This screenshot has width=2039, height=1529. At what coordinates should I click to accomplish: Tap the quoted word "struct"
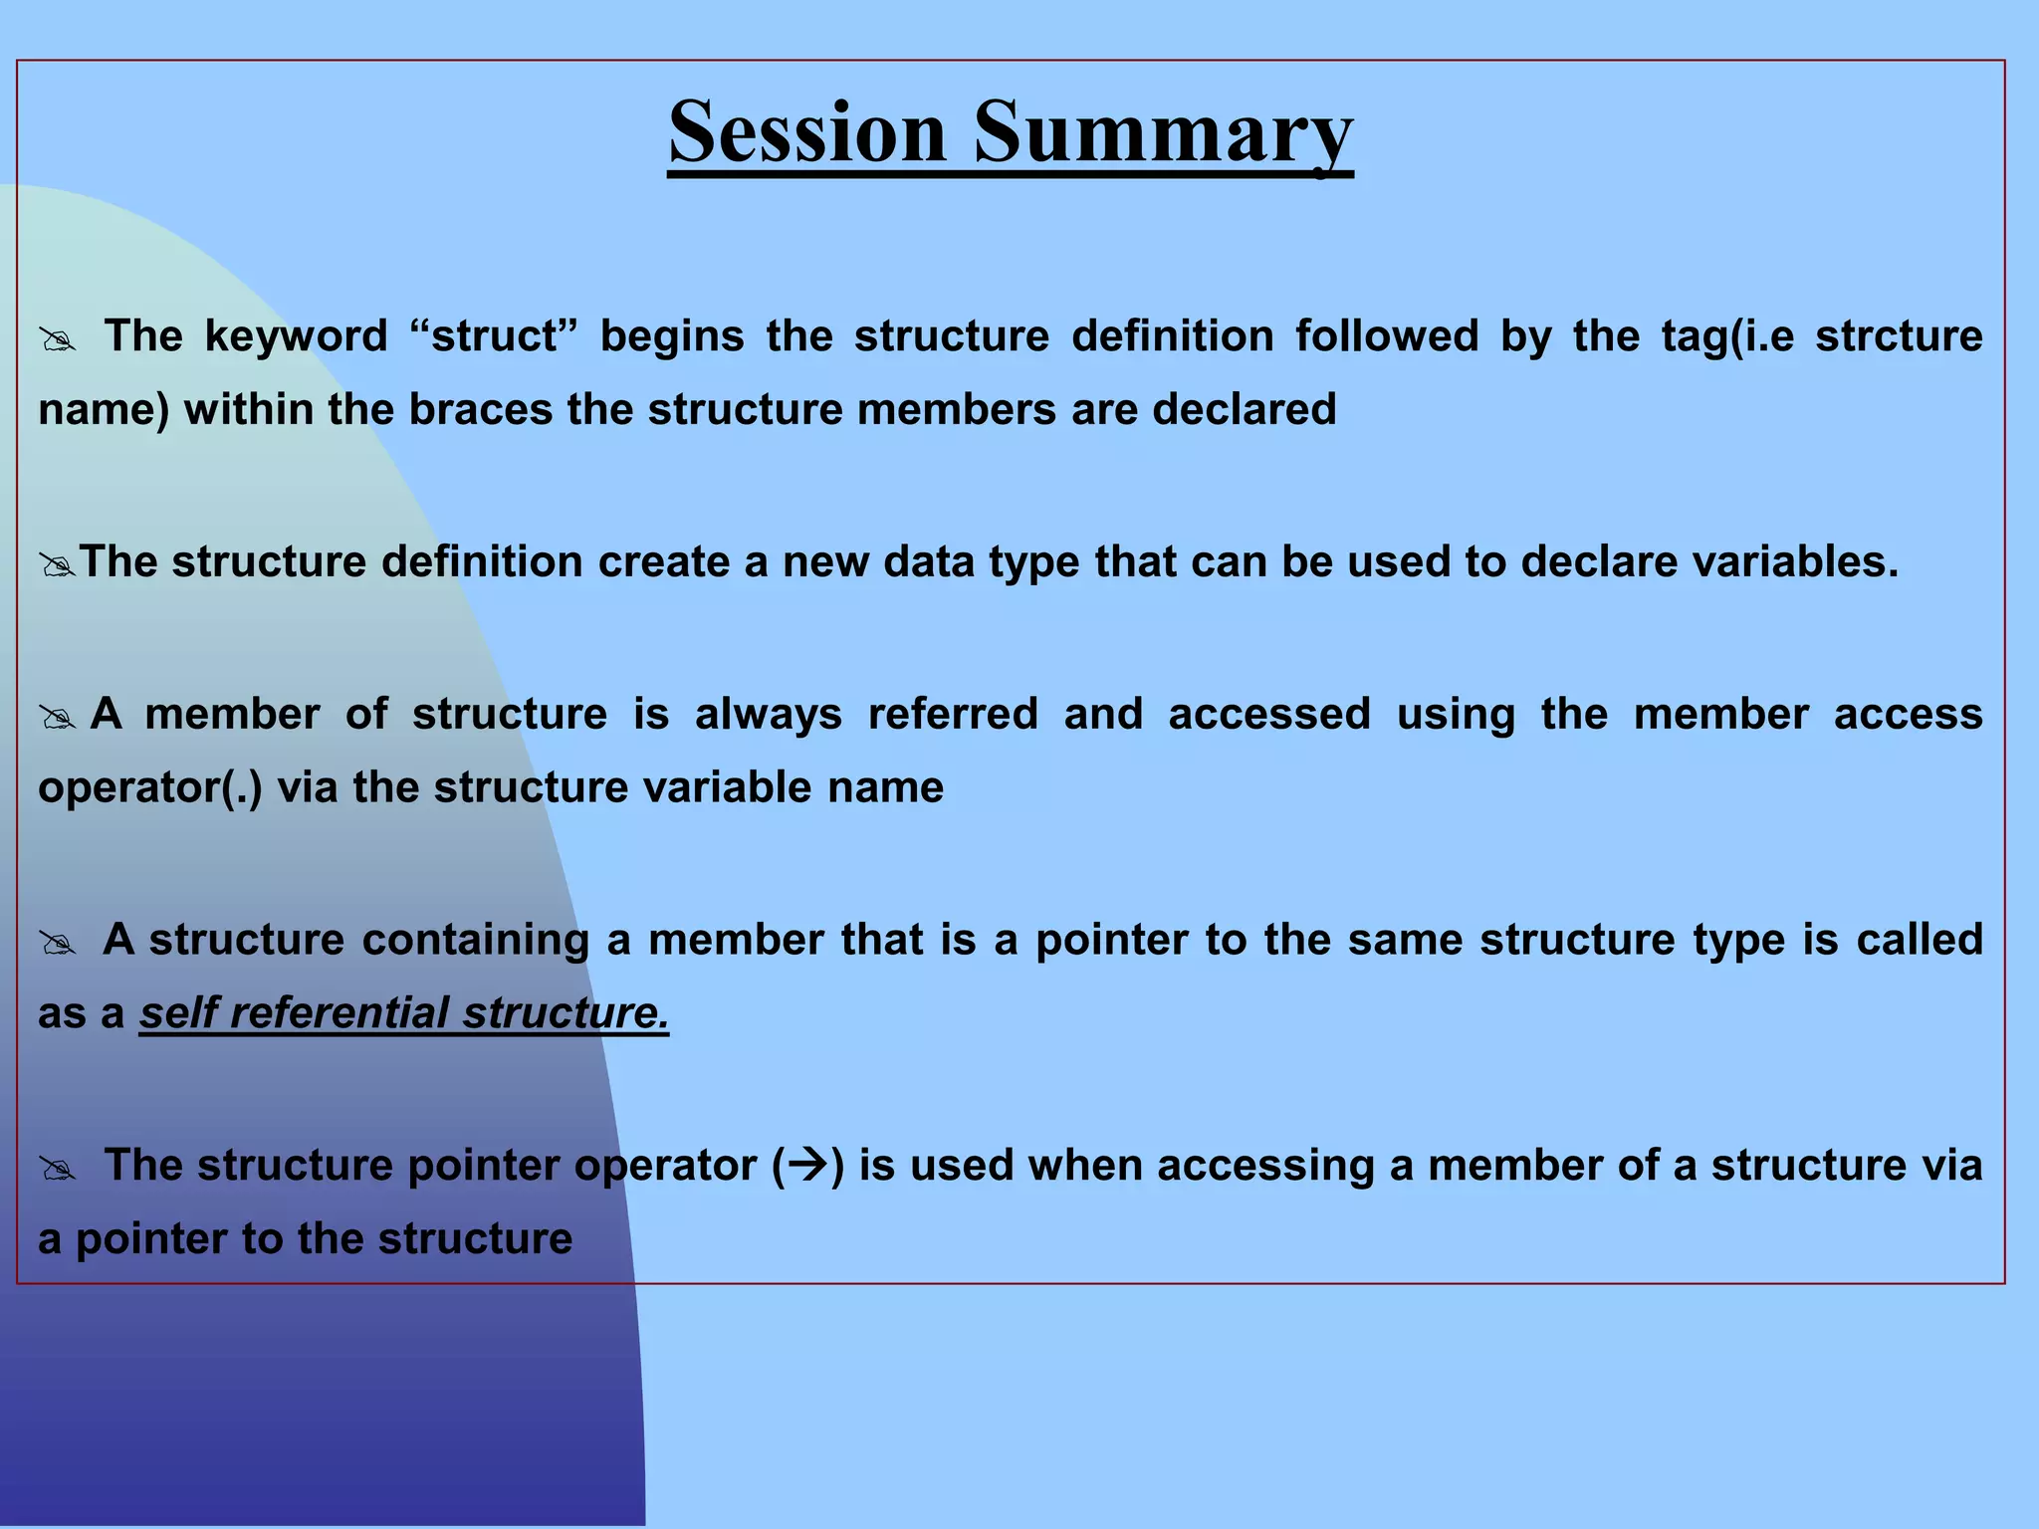494,336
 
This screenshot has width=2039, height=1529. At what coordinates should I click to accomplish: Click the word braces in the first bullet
480,410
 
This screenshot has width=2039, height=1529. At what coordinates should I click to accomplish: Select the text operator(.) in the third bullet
150,788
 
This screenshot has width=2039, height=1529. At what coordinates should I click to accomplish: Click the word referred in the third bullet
953,715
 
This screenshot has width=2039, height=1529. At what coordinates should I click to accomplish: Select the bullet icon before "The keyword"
58,340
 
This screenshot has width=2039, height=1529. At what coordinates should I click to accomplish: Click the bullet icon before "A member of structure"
58,718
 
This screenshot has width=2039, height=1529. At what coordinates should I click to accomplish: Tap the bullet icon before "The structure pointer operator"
58,1170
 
